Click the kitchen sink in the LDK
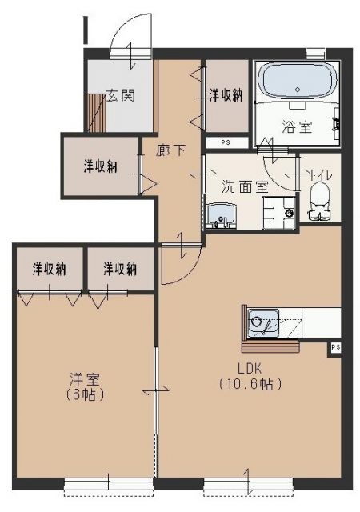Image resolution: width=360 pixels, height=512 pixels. pos(261,324)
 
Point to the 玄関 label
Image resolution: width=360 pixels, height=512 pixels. pos(121,95)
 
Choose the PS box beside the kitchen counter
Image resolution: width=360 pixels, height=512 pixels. pos(336,347)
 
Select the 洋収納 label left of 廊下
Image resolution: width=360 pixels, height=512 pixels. pos(101,166)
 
